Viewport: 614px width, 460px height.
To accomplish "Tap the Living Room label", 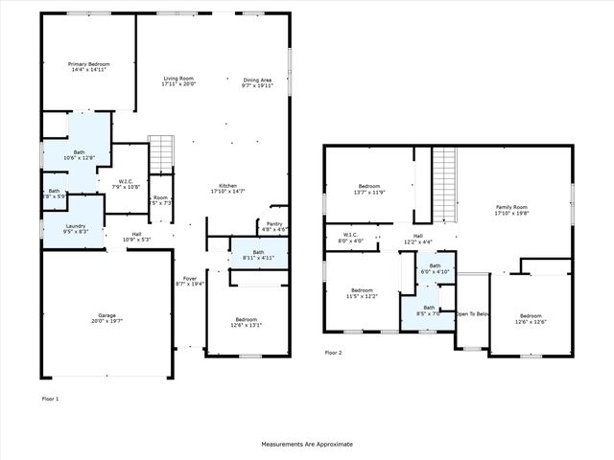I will [178, 79].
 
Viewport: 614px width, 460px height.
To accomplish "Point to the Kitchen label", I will [227, 185].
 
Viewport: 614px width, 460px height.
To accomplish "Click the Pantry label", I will [275, 224].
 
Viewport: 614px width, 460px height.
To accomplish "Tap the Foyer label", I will [190, 278].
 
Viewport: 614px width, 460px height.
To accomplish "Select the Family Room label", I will [511, 207].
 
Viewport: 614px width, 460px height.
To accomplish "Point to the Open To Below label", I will [473, 313].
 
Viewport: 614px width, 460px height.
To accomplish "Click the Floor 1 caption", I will [51, 398].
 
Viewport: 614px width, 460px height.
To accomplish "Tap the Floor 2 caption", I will [333, 353].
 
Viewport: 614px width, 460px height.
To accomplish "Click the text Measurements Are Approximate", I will [307, 445].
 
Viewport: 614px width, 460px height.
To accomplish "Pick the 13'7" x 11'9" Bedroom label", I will [370, 185].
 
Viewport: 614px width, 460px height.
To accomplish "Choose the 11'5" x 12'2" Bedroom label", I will [362, 289].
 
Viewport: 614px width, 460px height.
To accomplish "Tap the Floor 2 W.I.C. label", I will [350, 235].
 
